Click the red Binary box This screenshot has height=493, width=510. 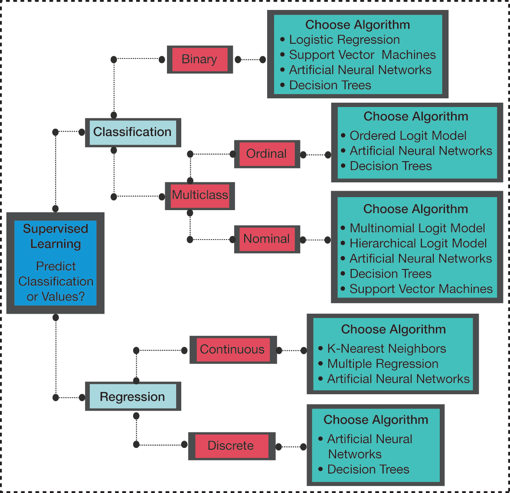199,59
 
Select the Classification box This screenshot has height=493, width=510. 133,132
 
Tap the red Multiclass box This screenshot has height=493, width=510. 200,195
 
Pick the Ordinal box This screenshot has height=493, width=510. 267,154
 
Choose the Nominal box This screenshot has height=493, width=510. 267,239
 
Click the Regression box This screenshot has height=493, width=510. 133,397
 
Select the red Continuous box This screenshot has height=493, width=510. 232,350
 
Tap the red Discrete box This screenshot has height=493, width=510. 231,446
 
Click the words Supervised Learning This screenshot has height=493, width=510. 56,236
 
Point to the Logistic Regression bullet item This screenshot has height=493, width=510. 344,40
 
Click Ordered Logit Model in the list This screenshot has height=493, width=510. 408,136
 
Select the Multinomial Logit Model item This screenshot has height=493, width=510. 417,228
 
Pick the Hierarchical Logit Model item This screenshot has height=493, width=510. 418,243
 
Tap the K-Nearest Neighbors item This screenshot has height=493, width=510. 386,349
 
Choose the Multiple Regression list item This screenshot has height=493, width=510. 382,364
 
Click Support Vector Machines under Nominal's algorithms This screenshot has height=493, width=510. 421,289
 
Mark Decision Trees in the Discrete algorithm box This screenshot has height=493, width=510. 368,470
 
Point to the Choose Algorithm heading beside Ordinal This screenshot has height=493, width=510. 416,117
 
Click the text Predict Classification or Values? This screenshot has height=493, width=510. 56,282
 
